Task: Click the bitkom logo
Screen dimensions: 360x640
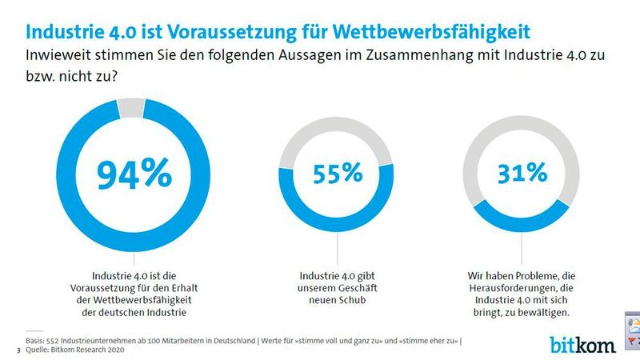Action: tap(582, 345)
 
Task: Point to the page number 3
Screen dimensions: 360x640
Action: tap(18, 350)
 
